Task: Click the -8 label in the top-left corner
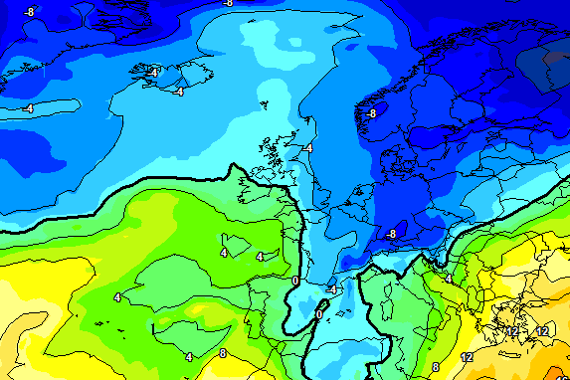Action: (29, 12)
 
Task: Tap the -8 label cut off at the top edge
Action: (228, 3)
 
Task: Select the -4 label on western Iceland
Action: (152, 73)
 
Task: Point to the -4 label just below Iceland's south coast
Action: (178, 92)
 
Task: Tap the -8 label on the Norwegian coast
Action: (370, 113)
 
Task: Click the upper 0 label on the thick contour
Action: (295, 282)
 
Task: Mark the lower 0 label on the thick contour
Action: (318, 314)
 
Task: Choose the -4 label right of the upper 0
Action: (331, 288)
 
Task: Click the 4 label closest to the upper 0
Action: (260, 257)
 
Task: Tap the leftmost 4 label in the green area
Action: (117, 296)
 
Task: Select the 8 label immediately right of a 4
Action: (222, 353)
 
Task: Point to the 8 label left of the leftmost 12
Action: (436, 367)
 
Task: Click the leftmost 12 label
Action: (467, 356)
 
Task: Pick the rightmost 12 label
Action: (542, 330)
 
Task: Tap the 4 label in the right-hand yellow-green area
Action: (448, 280)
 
